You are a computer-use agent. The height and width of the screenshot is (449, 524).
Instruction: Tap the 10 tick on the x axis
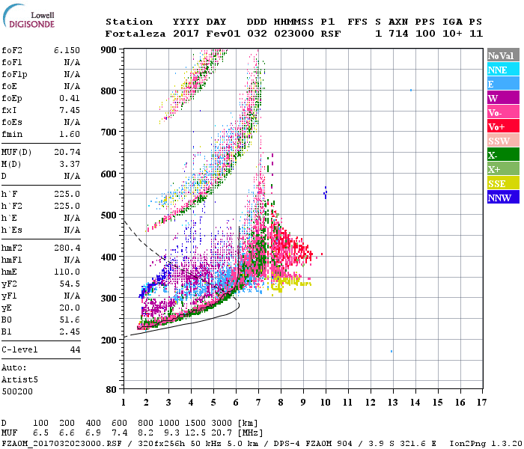coord(326,403)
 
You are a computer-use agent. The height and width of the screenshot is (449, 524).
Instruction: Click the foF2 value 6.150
coord(67,49)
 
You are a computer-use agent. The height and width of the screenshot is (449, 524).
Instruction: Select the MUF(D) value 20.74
coord(67,152)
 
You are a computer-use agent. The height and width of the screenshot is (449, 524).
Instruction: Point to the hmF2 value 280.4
coord(67,247)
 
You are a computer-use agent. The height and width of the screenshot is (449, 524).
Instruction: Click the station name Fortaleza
coord(133,34)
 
